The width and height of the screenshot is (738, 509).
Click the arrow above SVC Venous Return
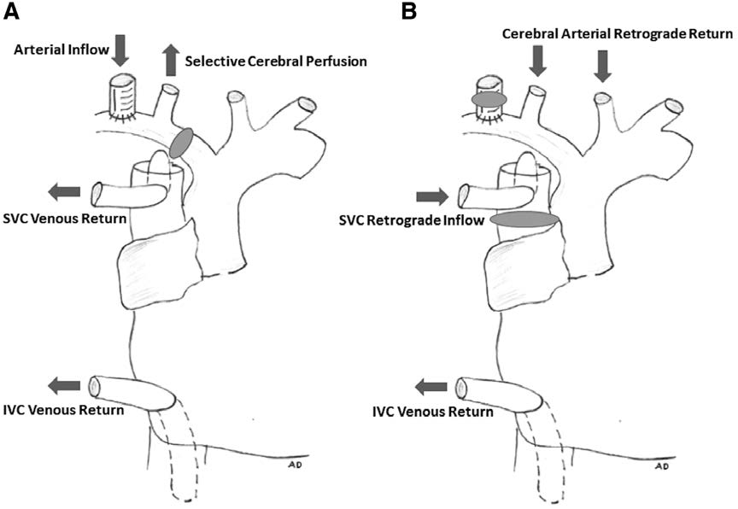click(65, 191)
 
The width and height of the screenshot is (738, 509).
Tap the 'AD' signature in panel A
click(296, 466)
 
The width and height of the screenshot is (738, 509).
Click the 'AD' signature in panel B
click(662, 466)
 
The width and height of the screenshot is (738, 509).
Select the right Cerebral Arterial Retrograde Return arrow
click(603, 66)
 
